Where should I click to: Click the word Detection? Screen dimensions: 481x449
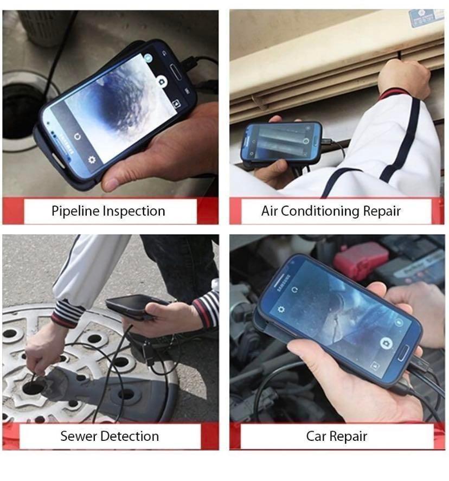click(132, 436)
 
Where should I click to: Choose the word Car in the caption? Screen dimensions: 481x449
click(317, 436)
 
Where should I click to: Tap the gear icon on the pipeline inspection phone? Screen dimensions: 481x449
click(92, 159)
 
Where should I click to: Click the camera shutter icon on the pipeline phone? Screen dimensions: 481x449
click(161, 81)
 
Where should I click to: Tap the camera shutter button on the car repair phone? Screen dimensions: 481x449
click(386, 343)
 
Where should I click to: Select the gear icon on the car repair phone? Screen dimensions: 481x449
click(281, 309)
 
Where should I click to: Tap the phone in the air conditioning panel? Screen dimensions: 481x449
click(281, 143)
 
